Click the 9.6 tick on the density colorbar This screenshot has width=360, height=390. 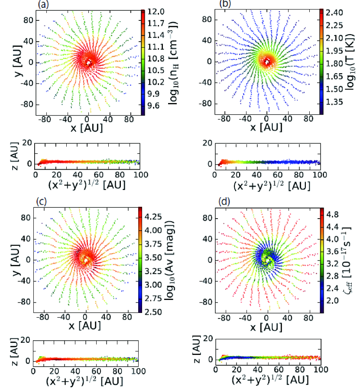pos(153,105)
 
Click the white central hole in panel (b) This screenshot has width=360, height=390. pos(267,62)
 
